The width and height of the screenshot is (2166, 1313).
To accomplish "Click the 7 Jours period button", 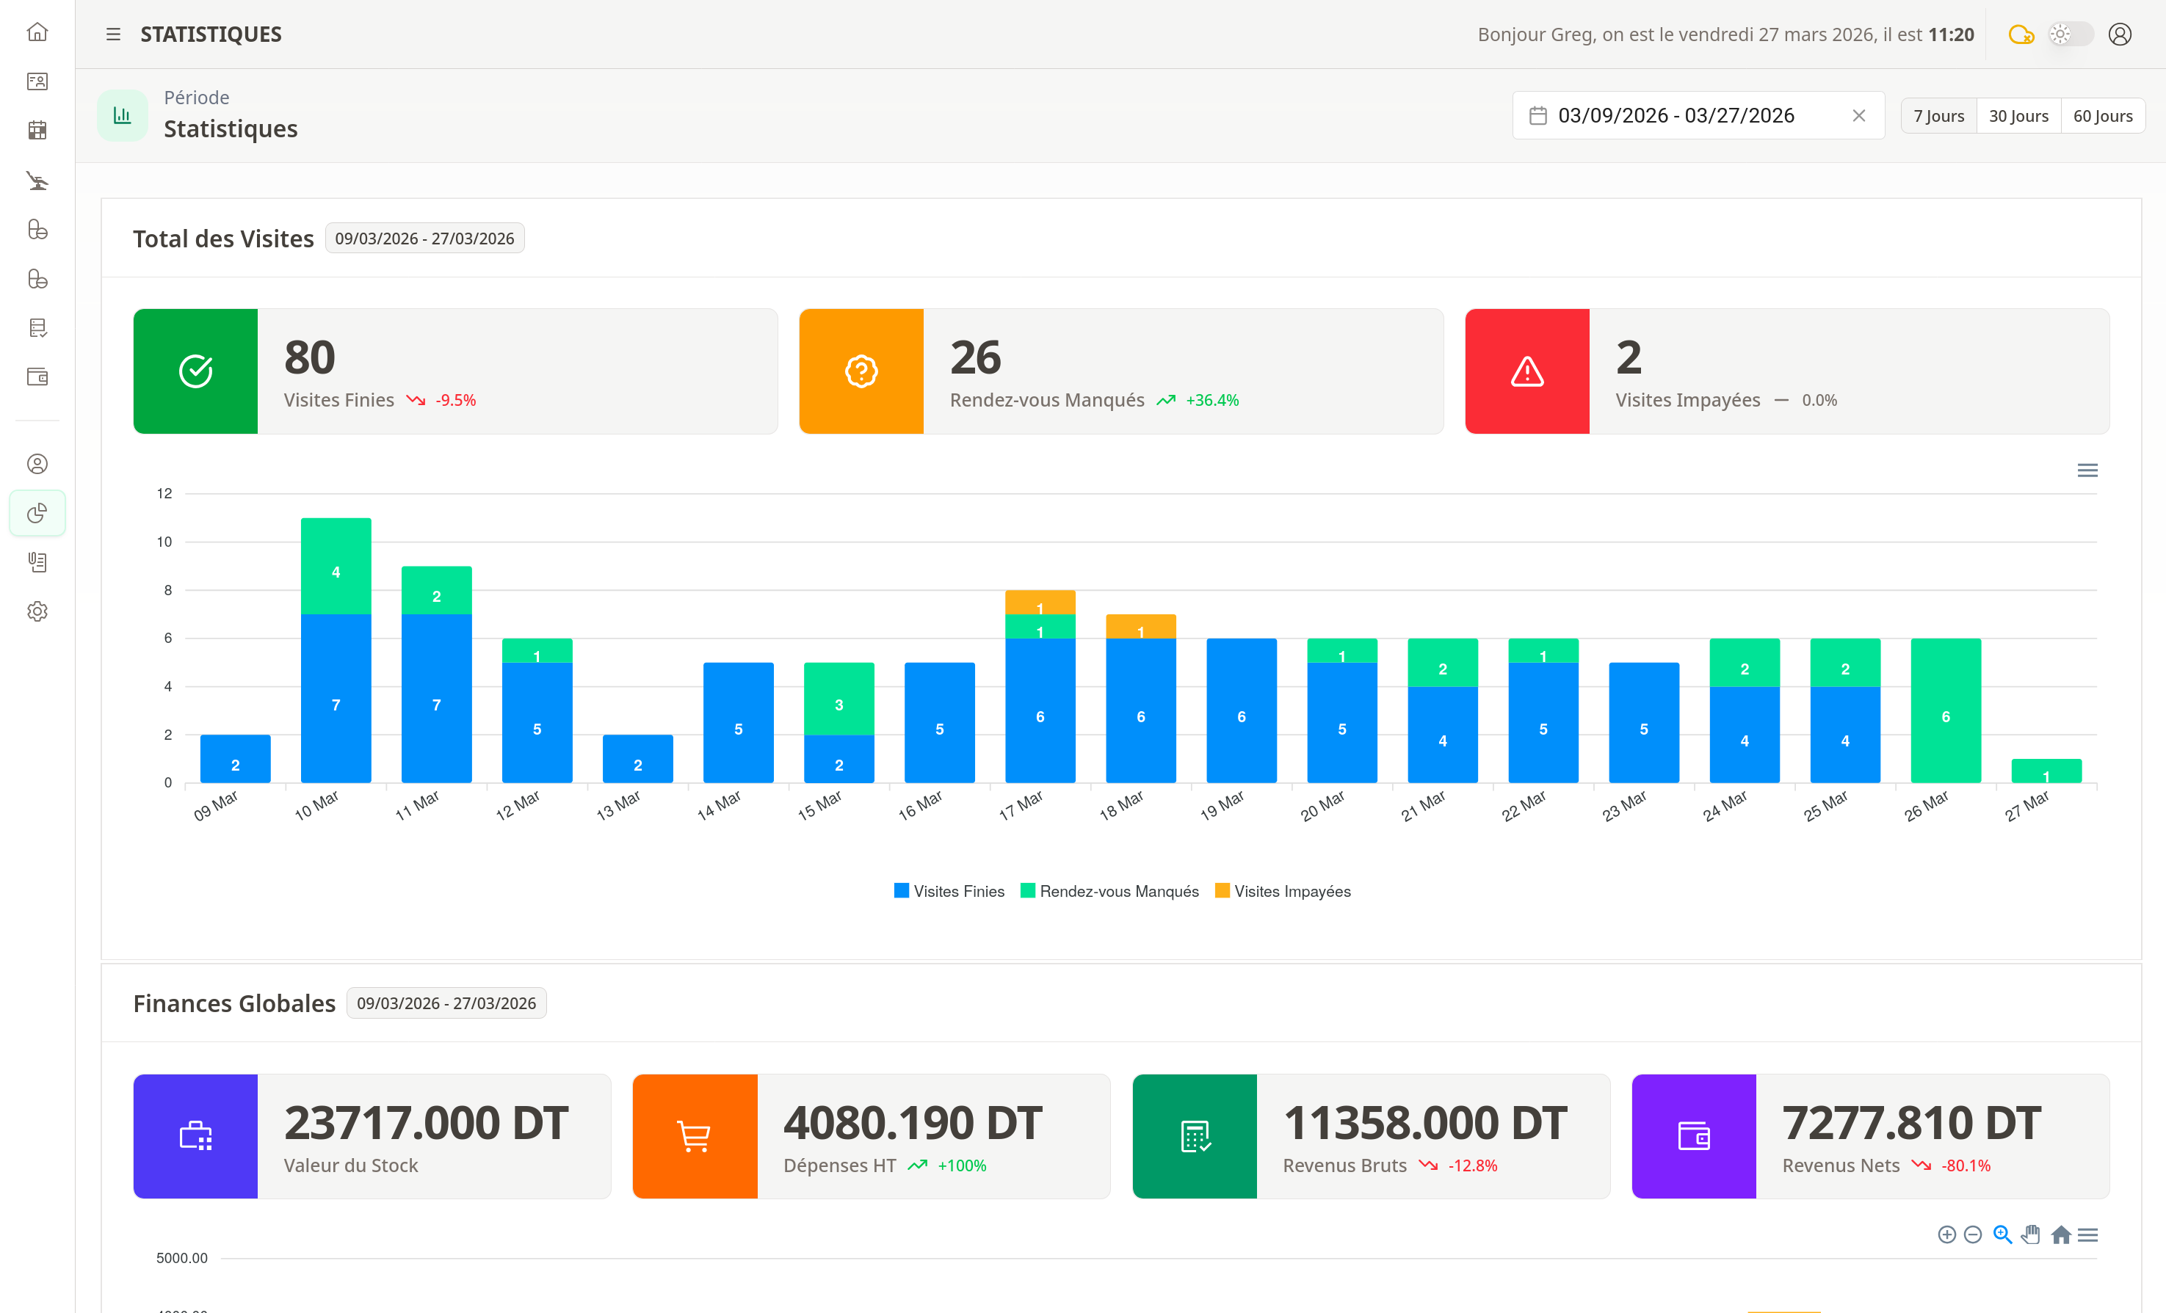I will pos(1938,116).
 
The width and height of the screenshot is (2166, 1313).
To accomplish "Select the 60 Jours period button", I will pos(2102,116).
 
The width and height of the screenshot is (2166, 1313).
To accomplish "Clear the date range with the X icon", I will pos(1858,115).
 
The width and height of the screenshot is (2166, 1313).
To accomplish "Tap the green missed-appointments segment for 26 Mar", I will pos(1944,710).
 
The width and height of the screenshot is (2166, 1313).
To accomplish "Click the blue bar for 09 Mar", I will pos(235,758).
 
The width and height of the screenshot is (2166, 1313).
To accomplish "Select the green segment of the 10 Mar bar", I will pos(335,566).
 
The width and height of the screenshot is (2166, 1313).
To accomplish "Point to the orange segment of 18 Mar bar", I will pos(1140,627).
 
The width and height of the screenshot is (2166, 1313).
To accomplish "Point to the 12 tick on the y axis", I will pos(164,493).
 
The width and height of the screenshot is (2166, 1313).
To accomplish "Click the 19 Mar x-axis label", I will pos(1222,805).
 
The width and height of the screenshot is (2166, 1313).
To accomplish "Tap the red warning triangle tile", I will pos(1527,371).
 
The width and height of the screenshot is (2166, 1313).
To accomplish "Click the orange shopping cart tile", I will pos(695,1135).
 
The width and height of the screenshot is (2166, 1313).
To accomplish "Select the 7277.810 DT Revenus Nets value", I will pos(1911,1122).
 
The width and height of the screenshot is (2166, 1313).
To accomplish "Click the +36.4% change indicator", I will pos(1211,401).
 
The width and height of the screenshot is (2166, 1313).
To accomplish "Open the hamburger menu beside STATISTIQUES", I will pos(113,34).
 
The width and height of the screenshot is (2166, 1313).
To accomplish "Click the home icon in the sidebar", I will pos(37,32).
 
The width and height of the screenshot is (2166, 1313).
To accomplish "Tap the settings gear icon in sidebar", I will pos(37,611).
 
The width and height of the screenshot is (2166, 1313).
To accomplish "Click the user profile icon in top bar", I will pos(2120,34).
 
